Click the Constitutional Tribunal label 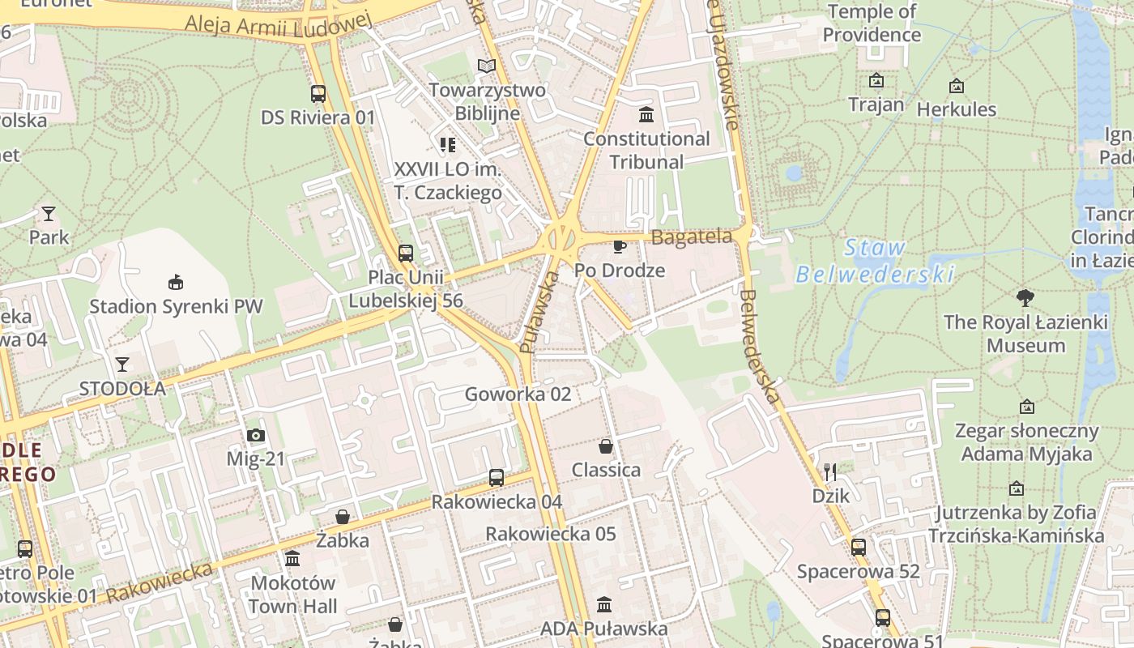pos(646,151)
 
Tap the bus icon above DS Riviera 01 pos(318,94)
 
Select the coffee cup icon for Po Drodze pos(620,246)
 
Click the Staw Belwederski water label pos(874,261)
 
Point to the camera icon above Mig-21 pos(256,436)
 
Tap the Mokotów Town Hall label pos(292,595)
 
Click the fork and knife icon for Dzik pos(830,471)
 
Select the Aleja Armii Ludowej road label pos(278,23)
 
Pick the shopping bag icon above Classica pos(606,446)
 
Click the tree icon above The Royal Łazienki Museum pos(1025,297)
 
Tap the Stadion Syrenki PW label pos(176,307)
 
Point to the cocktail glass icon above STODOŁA pos(122,364)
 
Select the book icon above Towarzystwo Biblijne pos(486,66)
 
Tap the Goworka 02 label pos(518,394)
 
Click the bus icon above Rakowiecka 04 pos(497,478)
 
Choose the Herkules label pos(956,109)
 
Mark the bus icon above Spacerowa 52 pos(859,548)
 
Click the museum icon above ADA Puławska pos(604,604)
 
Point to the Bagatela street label pos(691,237)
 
